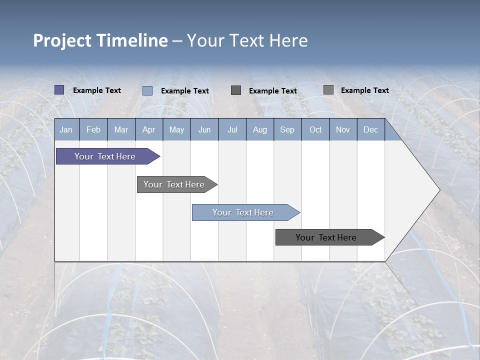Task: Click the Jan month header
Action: click(x=66, y=129)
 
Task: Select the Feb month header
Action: click(x=93, y=129)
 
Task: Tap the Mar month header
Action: click(x=121, y=129)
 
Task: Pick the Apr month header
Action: click(x=148, y=129)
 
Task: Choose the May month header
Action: click(x=176, y=129)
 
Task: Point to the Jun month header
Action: click(x=204, y=129)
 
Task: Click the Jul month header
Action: click(x=232, y=129)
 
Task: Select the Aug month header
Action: click(x=259, y=129)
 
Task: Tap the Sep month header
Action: click(x=287, y=129)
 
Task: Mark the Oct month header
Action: click(x=315, y=129)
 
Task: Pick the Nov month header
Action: click(x=343, y=129)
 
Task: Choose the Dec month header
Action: click(x=370, y=129)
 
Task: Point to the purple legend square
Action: click(x=59, y=90)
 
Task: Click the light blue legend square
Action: click(x=147, y=90)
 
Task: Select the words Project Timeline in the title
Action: click(x=100, y=40)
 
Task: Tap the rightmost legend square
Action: click(x=328, y=90)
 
